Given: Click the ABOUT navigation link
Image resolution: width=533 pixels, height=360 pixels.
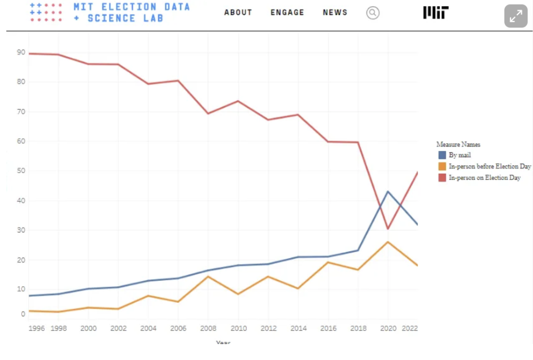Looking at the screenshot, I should pyautogui.click(x=238, y=12).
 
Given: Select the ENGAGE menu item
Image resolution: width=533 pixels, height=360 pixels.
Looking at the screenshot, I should pyautogui.click(x=287, y=12).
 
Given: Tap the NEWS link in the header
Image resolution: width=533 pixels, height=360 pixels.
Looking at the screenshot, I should pyautogui.click(x=335, y=12).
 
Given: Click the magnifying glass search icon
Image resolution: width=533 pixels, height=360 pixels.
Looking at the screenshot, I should pyautogui.click(x=373, y=13).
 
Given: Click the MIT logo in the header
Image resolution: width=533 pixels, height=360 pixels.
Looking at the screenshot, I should pyautogui.click(x=436, y=13).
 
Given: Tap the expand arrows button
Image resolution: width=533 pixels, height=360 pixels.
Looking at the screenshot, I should pyautogui.click(x=515, y=16).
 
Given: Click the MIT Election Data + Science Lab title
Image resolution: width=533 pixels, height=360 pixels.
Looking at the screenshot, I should pyautogui.click(x=131, y=12).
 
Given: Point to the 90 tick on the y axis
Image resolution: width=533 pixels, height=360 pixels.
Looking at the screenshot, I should pyautogui.click(x=21, y=52).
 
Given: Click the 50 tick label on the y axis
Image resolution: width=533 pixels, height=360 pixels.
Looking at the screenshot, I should pyautogui.click(x=21, y=171).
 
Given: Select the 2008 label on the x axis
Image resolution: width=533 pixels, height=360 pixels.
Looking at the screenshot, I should pyautogui.click(x=208, y=328).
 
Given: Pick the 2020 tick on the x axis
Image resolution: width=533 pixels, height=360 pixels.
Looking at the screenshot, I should pyautogui.click(x=388, y=328).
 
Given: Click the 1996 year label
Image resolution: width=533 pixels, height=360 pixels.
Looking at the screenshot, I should pyautogui.click(x=36, y=328).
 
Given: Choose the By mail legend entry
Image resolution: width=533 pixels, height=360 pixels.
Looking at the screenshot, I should pyautogui.click(x=460, y=155).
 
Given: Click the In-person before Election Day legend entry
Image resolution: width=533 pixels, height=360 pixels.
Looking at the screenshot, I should pyautogui.click(x=489, y=166).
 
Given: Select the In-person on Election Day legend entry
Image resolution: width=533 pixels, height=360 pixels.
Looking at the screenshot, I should pyautogui.click(x=484, y=178).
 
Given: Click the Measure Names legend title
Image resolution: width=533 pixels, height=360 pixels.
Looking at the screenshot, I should pyautogui.click(x=458, y=144).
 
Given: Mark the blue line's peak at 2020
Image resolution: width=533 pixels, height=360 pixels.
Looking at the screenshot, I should pyautogui.click(x=388, y=191).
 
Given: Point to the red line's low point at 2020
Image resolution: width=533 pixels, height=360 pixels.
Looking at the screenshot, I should pyautogui.click(x=388, y=229).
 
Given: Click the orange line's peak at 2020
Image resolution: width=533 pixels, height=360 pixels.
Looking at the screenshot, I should pyautogui.click(x=388, y=242).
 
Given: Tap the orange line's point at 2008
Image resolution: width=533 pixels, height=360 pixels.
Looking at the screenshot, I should pyautogui.click(x=208, y=276).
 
